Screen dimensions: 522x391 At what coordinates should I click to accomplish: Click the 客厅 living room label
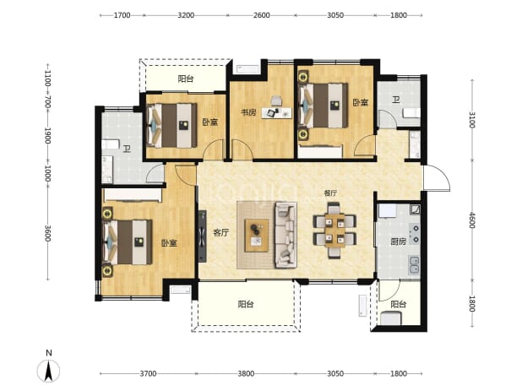coord(221,232)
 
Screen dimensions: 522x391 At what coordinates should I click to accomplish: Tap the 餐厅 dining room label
coord(330,193)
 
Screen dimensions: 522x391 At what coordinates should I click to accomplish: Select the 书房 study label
coord(248,112)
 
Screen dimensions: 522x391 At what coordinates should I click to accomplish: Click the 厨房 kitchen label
coord(398,242)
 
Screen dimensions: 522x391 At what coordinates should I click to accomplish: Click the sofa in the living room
coord(285,236)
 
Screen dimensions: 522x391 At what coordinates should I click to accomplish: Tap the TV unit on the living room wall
coord(202,236)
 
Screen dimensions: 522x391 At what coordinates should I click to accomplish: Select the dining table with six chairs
coord(334,231)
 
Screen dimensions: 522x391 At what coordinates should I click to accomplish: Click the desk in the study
coord(277,113)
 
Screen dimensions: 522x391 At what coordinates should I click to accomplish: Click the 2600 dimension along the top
coord(261,15)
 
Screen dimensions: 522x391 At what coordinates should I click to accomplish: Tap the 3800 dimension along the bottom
coord(246,373)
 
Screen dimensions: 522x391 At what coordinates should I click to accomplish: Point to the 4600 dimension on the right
coord(471,220)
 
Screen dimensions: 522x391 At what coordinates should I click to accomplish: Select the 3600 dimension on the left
coord(48,233)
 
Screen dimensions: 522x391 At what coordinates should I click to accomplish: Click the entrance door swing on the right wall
coord(437,178)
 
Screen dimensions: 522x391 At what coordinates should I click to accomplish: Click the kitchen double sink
coord(414,265)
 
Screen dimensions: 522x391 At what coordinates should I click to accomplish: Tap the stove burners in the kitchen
coord(415,234)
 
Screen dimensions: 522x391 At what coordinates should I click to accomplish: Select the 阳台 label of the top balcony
coord(186,79)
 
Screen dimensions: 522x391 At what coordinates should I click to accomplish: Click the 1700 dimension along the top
coord(122,15)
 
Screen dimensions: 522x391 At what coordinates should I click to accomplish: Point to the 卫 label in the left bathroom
coord(127,149)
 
